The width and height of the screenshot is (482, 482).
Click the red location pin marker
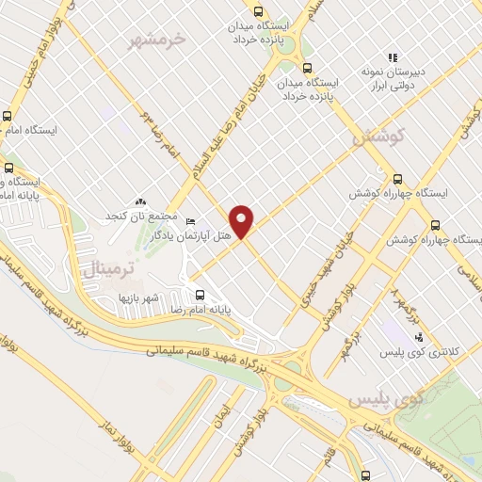(242, 221)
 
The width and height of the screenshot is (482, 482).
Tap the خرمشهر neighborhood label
(162, 40)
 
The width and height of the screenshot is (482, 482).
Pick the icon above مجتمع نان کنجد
(140, 202)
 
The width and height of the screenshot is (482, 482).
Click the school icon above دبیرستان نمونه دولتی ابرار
(393, 57)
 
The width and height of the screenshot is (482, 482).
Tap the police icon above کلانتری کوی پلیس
(418, 337)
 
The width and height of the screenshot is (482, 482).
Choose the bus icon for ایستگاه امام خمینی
(8, 116)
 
